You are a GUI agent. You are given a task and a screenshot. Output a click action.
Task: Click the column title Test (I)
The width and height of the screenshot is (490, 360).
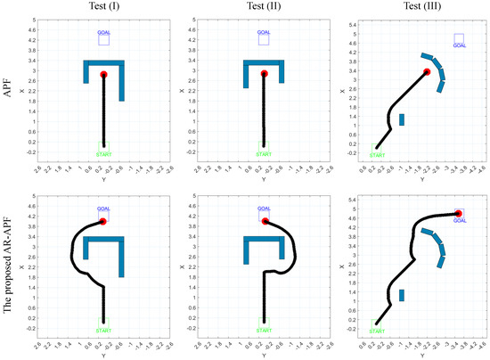pyautogui.click(x=104, y=6)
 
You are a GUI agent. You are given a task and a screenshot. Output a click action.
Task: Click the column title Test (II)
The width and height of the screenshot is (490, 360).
pyautogui.click(x=265, y=6)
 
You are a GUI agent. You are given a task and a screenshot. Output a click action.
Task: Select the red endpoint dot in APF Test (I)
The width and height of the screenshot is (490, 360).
pyautogui.click(x=103, y=75)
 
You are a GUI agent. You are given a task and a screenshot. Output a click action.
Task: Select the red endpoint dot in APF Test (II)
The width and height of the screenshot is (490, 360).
pyautogui.click(x=265, y=74)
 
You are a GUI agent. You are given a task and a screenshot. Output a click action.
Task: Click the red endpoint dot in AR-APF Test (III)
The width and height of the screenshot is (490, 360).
pyautogui.click(x=458, y=214)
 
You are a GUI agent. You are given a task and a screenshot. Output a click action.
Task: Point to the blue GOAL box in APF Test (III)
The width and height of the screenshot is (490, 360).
pyautogui.click(x=459, y=39)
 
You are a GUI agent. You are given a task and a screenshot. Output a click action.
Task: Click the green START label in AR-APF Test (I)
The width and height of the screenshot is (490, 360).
pyautogui.click(x=103, y=333)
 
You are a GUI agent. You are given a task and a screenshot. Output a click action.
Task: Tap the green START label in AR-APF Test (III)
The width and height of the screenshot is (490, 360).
pyautogui.click(x=379, y=333)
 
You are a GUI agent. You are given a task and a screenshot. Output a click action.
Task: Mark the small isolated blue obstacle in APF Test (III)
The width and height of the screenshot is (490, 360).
pyautogui.click(x=402, y=119)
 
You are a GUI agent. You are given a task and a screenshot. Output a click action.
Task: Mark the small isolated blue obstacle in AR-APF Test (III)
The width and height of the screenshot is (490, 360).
pyautogui.click(x=402, y=295)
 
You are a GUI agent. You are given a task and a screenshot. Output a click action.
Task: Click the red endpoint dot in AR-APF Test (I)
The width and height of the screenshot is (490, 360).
pyautogui.click(x=103, y=221)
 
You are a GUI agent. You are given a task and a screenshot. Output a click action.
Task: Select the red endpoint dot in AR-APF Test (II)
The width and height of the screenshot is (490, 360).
pyautogui.click(x=265, y=220)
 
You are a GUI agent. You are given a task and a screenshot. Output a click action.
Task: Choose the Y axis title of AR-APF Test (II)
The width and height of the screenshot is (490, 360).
pyautogui.click(x=265, y=355)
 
